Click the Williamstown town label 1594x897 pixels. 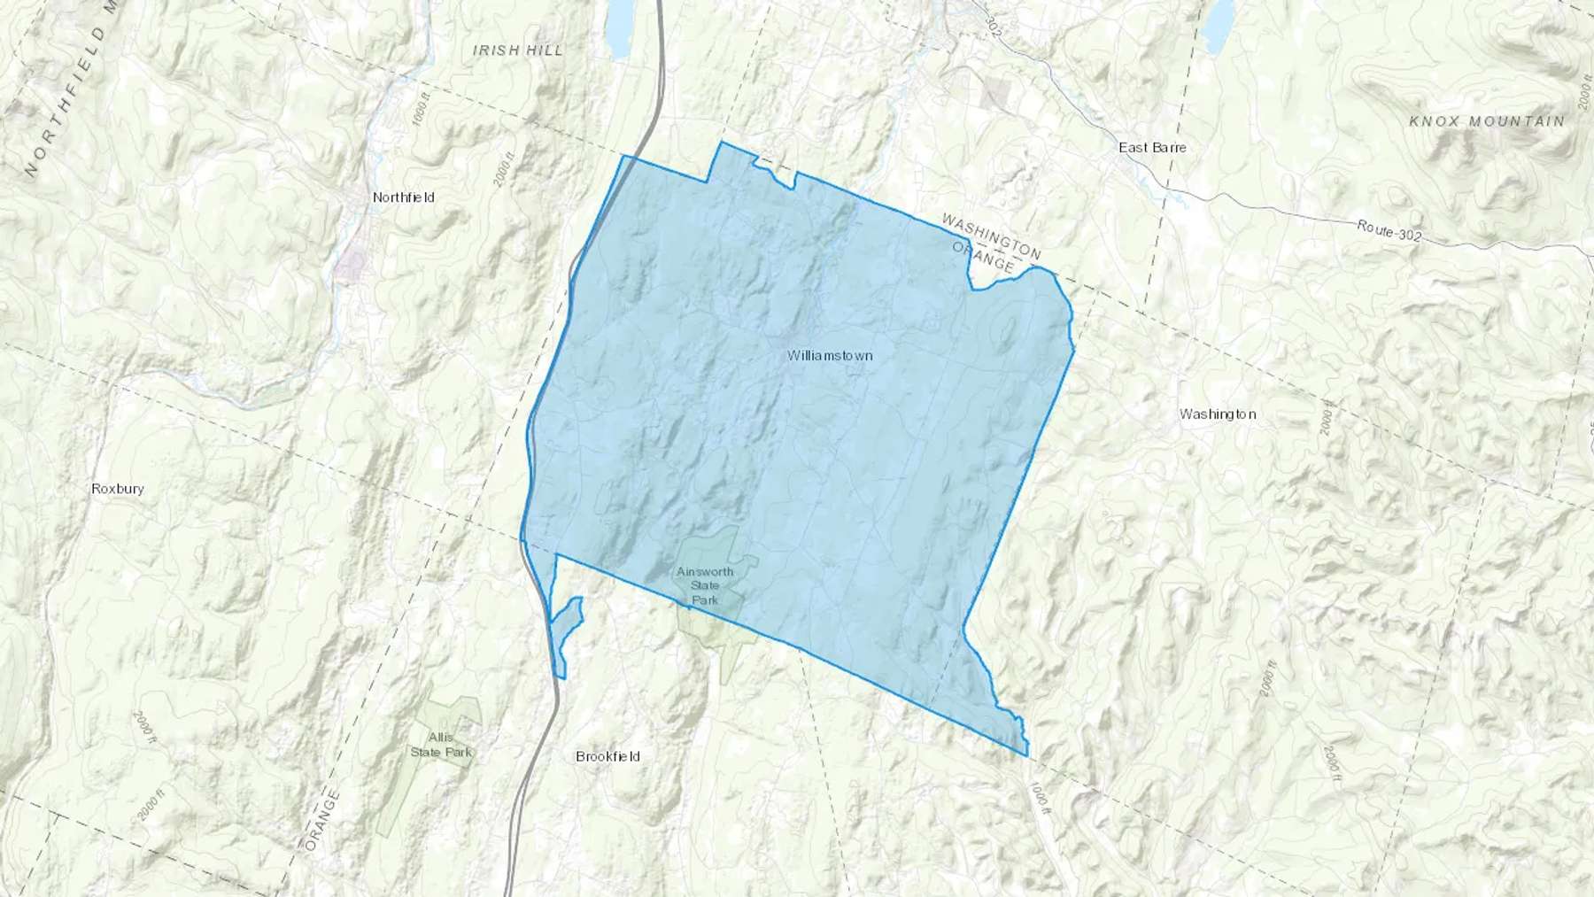[x=830, y=355]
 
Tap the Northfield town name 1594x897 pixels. [x=403, y=197]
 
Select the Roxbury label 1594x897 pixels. [x=118, y=488]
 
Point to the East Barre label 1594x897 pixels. [x=1152, y=147]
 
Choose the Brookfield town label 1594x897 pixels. [x=607, y=756]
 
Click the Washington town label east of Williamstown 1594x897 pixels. [x=1218, y=414]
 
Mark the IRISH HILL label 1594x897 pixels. [x=518, y=50]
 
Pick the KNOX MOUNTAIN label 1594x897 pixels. [x=1487, y=121]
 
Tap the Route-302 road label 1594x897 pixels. [x=1389, y=231]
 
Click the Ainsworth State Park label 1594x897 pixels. [x=705, y=585]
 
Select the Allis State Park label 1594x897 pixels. [x=441, y=745]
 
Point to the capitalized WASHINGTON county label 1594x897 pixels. [x=991, y=235]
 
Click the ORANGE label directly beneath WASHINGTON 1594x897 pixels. [x=982, y=256]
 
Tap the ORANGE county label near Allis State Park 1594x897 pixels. [x=321, y=819]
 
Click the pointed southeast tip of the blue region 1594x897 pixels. [x=1027, y=755]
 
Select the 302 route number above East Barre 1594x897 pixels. [x=993, y=29]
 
